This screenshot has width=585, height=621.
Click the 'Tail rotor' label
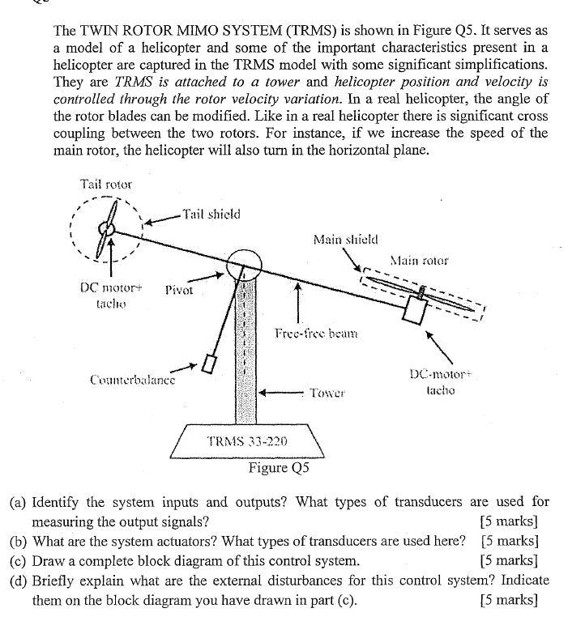click(x=106, y=184)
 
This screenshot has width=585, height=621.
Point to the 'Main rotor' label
click(x=418, y=261)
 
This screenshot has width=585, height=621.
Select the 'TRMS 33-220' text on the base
click(x=248, y=441)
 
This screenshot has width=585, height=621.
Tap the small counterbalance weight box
click(x=209, y=364)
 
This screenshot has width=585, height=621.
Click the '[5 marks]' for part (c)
click(x=509, y=560)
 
